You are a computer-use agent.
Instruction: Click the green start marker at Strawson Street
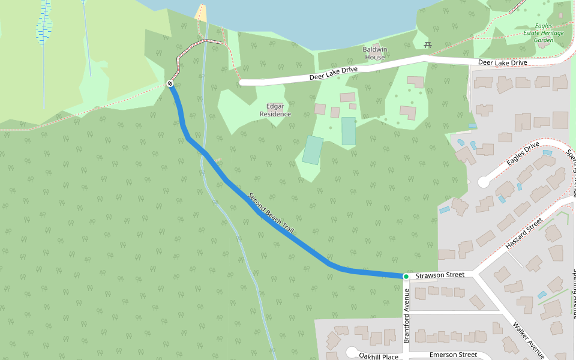(x=406, y=276)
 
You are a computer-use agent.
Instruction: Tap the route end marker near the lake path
(x=170, y=83)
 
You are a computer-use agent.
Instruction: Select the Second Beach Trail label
(x=272, y=213)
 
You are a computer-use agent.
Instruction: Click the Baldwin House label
(x=374, y=53)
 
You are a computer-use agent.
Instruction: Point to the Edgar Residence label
(x=275, y=110)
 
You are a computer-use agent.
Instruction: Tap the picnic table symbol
(x=428, y=44)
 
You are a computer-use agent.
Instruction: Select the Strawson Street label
(x=440, y=275)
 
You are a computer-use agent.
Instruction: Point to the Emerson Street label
(x=453, y=355)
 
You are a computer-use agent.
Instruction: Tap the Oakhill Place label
(x=379, y=356)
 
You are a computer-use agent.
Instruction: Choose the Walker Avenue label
(x=528, y=341)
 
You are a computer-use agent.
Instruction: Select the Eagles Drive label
(x=523, y=154)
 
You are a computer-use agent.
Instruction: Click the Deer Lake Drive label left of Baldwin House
(x=334, y=74)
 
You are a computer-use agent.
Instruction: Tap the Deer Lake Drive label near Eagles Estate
(x=502, y=62)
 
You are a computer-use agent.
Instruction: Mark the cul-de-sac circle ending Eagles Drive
(x=484, y=182)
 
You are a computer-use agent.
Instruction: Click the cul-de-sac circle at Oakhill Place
(x=352, y=352)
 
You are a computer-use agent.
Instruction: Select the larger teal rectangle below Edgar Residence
(x=313, y=150)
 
